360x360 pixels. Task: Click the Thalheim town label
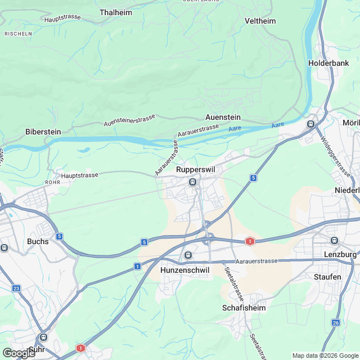[x=115, y=12]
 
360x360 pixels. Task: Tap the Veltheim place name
[x=260, y=21]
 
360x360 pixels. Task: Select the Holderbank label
[x=328, y=63]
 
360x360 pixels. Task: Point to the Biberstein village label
[x=43, y=132]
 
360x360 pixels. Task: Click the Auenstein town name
[x=223, y=117]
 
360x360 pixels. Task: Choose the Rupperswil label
[x=195, y=169]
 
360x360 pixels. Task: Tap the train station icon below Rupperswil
[x=192, y=182]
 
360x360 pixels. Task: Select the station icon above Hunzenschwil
[x=188, y=255]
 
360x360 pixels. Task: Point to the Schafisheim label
[x=244, y=308]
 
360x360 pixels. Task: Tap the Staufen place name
[x=327, y=277]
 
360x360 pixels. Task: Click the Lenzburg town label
[x=341, y=255]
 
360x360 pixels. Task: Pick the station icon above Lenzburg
[x=335, y=240]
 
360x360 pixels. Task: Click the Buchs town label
[x=38, y=241]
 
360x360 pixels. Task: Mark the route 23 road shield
[x=16, y=289]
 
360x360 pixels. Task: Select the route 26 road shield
[x=335, y=322]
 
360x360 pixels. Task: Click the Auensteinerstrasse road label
[x=129, y=120]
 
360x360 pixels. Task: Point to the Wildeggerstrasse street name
[x=336, y=157]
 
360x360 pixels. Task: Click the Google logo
[x=19, y=353]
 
